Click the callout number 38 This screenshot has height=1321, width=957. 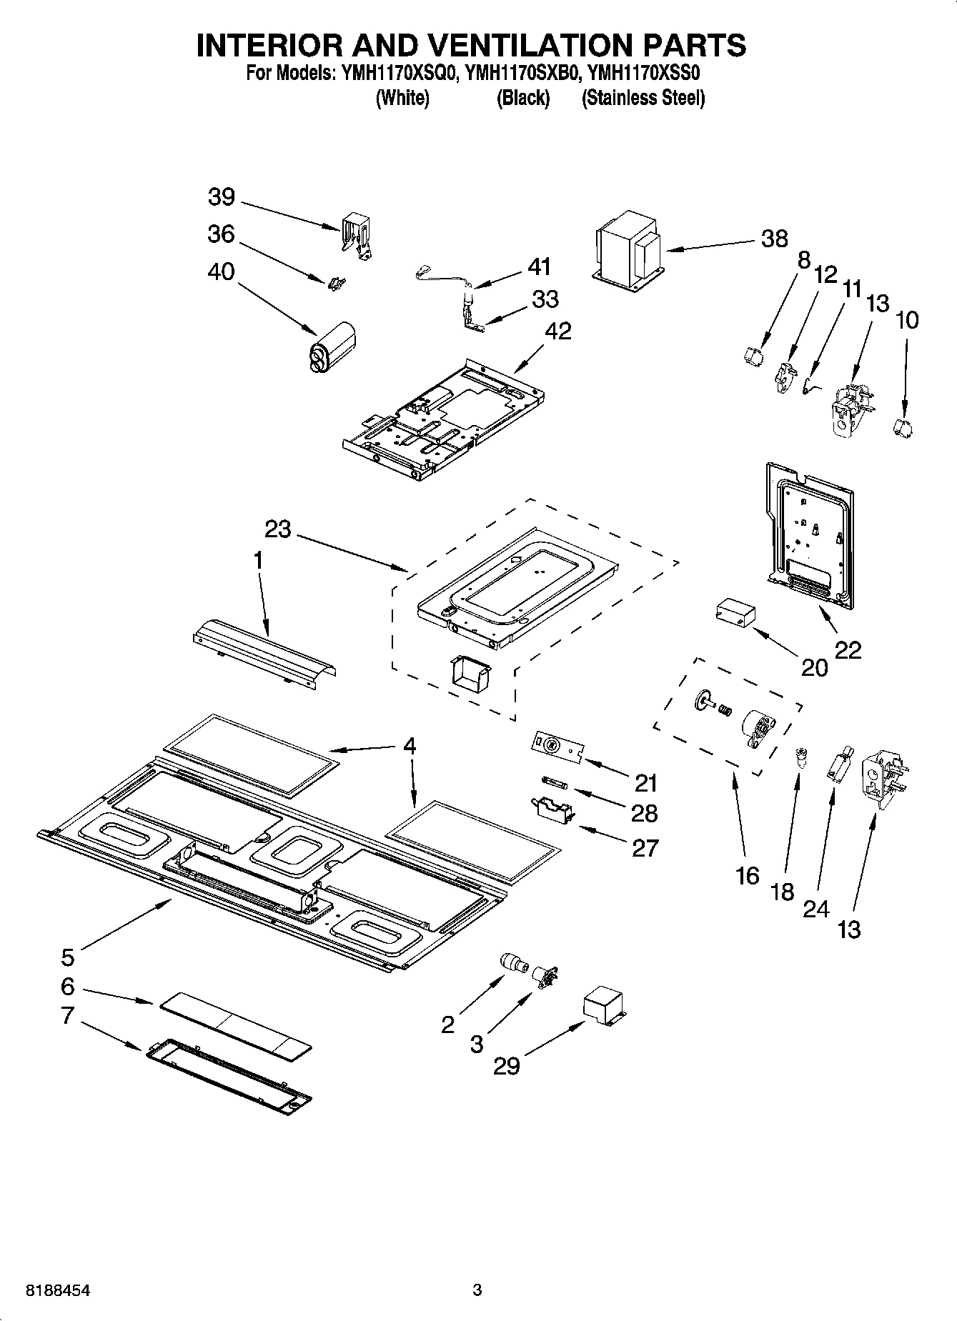774,239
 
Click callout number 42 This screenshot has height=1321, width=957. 558,332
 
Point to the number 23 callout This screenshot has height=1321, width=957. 278,529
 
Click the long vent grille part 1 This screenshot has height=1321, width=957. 264,655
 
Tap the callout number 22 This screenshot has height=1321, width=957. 848,649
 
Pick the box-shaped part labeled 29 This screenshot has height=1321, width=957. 604,1008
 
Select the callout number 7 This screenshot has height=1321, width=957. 67,1015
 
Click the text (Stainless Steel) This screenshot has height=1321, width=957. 643,98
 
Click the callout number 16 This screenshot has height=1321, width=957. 747,875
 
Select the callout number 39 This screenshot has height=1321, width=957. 222,197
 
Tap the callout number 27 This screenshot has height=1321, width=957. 645,847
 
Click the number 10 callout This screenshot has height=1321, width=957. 906,319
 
